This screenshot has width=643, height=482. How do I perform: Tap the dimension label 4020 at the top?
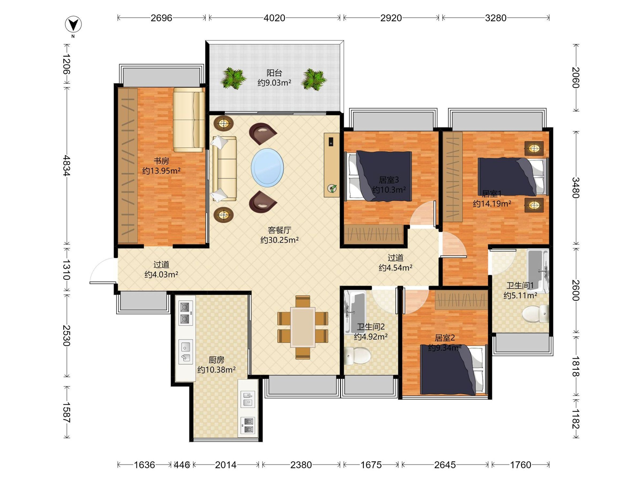[x=274, y=18]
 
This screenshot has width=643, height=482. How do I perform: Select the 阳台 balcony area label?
[x=274, y=73]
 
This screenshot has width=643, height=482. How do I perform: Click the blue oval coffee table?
[x=267, y=168]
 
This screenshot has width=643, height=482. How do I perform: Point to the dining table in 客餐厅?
[x=302, y=327]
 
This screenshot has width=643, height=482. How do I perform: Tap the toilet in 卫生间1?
[x=535, y=314]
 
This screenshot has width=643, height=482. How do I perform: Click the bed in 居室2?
[x=454, y=370]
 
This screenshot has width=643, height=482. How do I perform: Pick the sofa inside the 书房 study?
[x=189, y=120]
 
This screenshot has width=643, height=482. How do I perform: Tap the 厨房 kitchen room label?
[x=216, y=360]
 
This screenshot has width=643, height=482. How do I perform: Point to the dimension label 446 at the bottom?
[x=182, y=465]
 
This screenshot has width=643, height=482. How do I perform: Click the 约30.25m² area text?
[x=279, y=240]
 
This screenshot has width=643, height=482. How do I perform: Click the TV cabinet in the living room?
[x=332, y=165]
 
